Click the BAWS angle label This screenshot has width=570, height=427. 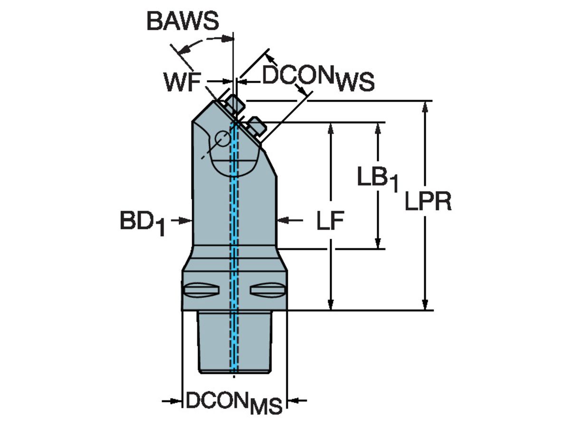[182, 21]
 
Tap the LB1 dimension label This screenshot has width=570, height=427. [378, 179]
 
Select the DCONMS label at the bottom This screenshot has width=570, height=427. [234, 402]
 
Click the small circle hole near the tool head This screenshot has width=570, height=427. [222, 139]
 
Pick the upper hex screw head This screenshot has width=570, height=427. [234, 103]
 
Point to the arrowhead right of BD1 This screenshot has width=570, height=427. [187, 220]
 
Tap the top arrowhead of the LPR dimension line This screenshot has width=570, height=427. [426, 106]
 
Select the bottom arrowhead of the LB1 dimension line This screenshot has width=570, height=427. [379, 243]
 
